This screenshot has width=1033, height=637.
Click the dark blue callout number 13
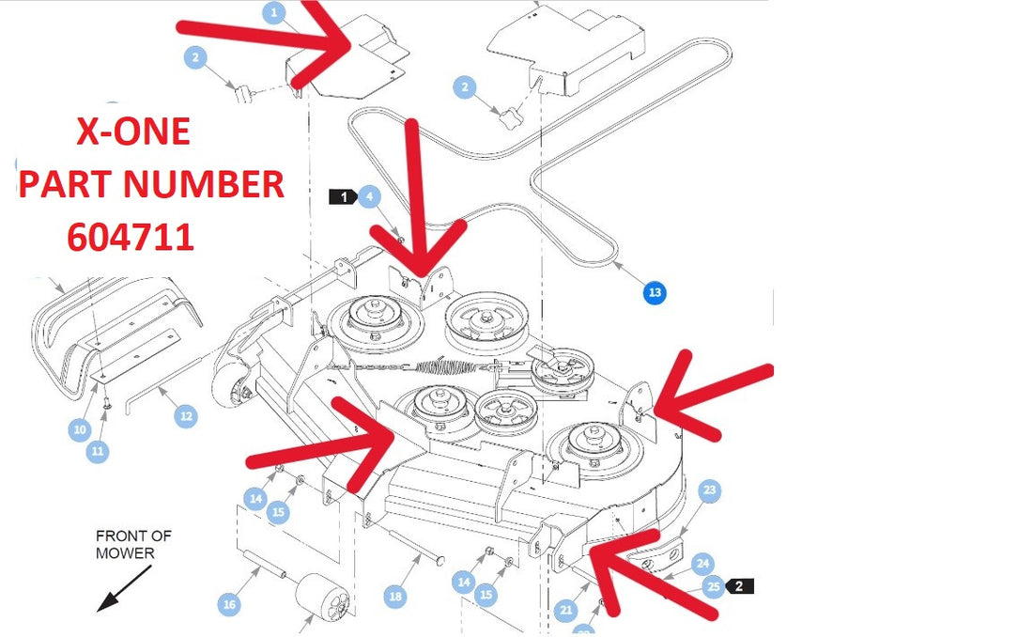655,292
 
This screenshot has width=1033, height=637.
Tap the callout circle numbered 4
370,196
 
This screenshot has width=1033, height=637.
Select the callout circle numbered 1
274,12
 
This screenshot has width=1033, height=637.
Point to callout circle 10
80,430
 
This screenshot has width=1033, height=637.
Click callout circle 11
98,451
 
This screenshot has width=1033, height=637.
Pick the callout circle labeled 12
186,416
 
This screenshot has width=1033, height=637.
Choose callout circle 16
229,604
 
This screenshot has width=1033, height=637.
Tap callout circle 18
395,597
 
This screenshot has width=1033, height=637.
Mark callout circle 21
566,611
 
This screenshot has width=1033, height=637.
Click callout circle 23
709,489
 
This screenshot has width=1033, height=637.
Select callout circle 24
703,564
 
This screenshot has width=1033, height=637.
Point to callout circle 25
714,586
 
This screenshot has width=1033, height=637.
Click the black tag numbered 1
343,196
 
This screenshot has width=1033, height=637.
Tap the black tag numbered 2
739,585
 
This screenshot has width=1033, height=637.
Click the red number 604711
131,237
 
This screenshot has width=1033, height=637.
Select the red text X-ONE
133,132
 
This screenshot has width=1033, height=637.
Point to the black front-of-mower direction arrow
124,588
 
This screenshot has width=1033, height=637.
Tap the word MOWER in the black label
125,552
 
